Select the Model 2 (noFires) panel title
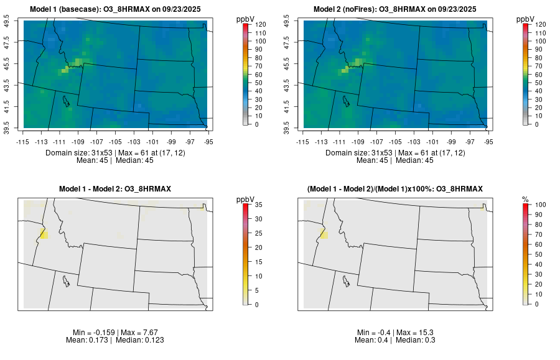[x=395, y=9]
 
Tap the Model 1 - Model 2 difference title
[x=115, y=188]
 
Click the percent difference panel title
[x=395, y=188]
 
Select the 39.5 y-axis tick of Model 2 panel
[x=287, y=126]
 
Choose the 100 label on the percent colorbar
[x=535, y=205]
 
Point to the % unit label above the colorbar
[x=525, y=199]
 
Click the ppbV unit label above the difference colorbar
[x=246, y=199]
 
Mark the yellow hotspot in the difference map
[x=43, y=234]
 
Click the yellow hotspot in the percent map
[x=323, y=234]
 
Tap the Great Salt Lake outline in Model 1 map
[x=65, y=101]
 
